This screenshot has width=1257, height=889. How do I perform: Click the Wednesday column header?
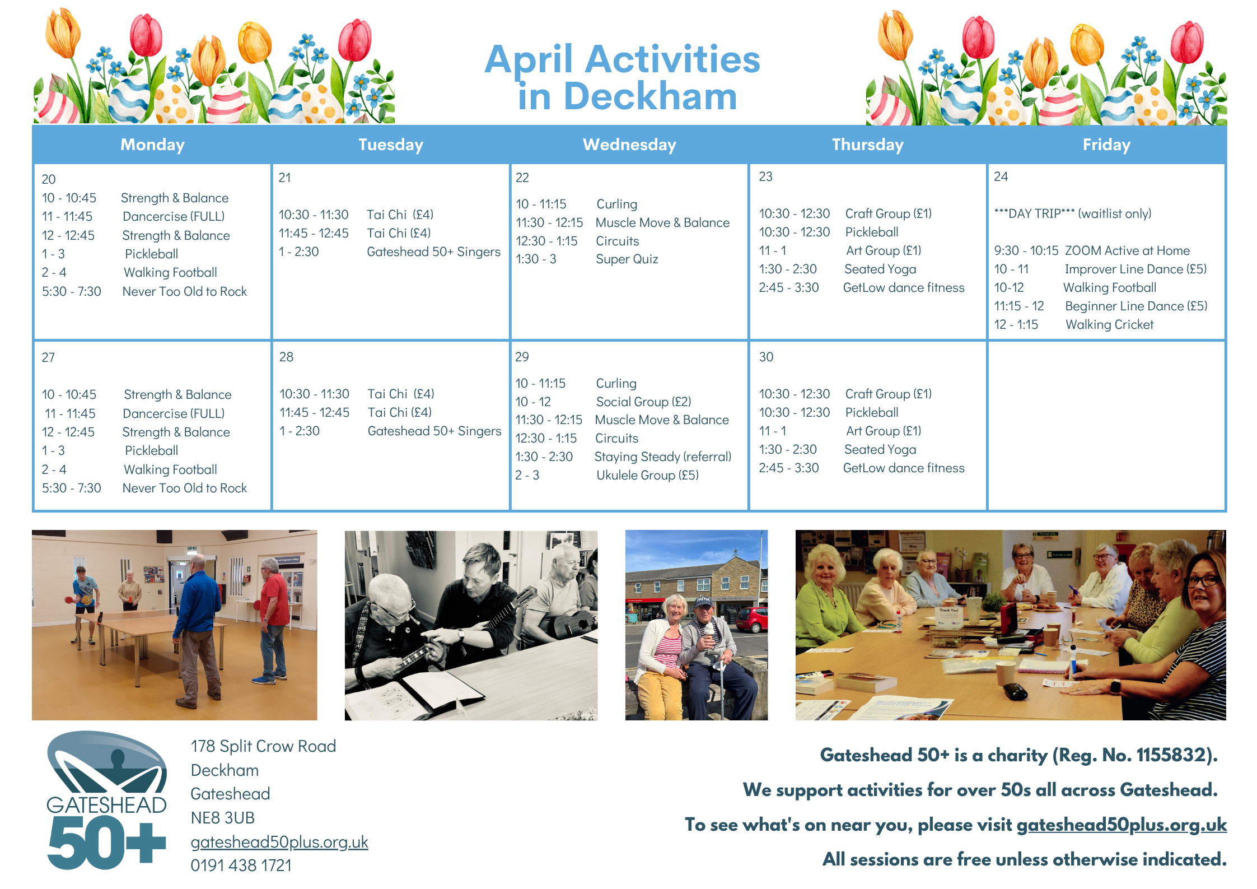pyautogui.click(x=629, y=145)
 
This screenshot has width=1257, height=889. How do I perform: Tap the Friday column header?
pyautogui.click(x=1106, y=145)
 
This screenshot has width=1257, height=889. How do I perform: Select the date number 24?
pyautogui.click(x=1001, y=176)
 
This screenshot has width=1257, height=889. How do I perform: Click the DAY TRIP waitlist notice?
pyautogui.click(x=1072, y=213)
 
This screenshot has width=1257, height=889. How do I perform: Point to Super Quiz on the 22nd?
pyautogui.click(x=627, y=259)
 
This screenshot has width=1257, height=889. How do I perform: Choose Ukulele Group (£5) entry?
pyautogui.click(x=647, y=475)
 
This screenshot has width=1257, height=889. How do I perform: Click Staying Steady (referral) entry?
pyautogui.click(x=663, y=457)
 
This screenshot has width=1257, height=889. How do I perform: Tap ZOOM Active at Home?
pyautogui.click(x=1127, y=250)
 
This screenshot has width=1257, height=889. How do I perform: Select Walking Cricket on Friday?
pyautogui.click(x=1109, y=324)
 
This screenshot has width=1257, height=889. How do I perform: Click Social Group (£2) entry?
pyautogui.click(x=643, y=402)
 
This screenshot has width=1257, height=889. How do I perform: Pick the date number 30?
pyautogui.click(x=766, y=357)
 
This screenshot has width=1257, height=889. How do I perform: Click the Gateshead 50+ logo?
pyautogui.click(x=106, y=800)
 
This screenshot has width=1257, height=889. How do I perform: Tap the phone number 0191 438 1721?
pyautogui.click(x=241, y=865)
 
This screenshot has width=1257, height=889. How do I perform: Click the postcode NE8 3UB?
pyautogui.click(x=222, y=818)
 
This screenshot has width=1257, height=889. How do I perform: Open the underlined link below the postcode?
pyautogui.click(x=279, y=842)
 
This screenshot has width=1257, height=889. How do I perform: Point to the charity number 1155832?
pyautogui.click(x=1167, y=755)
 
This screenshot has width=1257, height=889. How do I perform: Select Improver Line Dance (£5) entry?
pyautogui.click(x=1135, y=269)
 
